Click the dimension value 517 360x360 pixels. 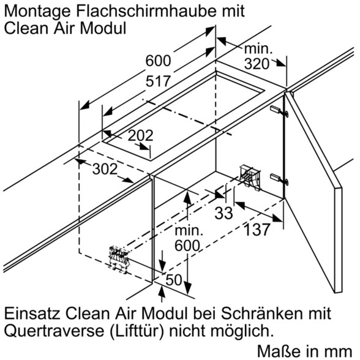click(159, 81)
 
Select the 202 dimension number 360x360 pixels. click(140, 135)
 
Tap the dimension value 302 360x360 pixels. click(105, 169)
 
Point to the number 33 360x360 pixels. click(223, 213)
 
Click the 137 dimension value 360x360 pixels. click(257, 230)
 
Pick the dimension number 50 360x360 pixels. click(174, 280)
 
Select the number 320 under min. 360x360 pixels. click(257, 64)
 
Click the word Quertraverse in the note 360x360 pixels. click(54, 331)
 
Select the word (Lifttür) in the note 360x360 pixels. click(137, 331)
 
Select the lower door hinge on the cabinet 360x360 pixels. click(279, 178)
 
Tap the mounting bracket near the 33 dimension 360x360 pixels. click(250, 177)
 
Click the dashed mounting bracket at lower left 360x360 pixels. click(119, 260)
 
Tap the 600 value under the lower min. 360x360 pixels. click(187, 246)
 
